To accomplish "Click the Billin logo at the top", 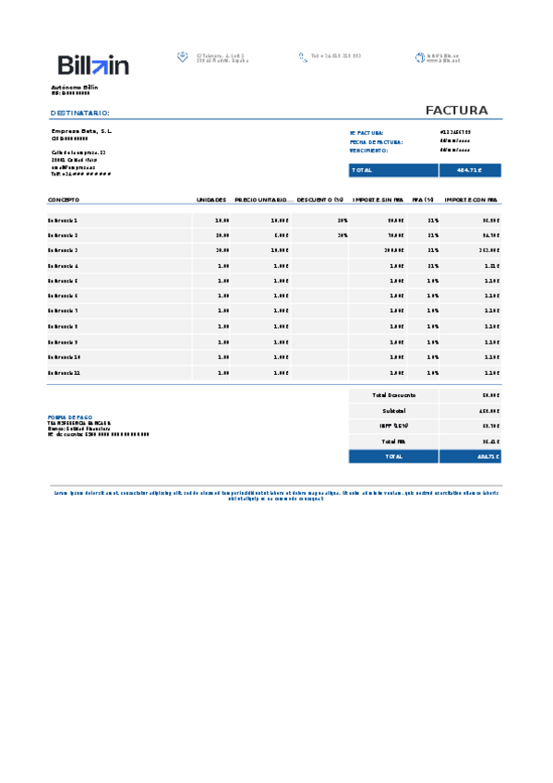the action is pyautogui.click(x=93, y=65).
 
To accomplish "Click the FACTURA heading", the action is pyautogui.click(x=456, y=111).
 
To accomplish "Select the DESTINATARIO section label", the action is pyautogui.click(x=79, y=113).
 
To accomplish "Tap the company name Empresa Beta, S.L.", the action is pyautogui.click(x=81, y=132).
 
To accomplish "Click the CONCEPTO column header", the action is pyautogui.click(x=64, y=199).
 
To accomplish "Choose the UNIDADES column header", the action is pyautogui.click(x=211, y=199).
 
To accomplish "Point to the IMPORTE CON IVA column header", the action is pyautogui.click(x=471, y=199).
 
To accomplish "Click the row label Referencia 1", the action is pyautogui.click(x=63, y=221).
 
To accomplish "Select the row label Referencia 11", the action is pyautogui.click(x=65, y=372).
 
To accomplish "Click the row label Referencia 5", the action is pyautogui.click(x=63, y=281).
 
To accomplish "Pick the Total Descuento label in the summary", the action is pyautogui.click(x=393, y=395).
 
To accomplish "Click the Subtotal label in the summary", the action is pyautogui.click(x=393, y=410).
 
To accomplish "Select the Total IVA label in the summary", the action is pyautogui.click(x=393, y=440).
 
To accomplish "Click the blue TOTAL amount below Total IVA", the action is pyautogui.click(x=470, y=456).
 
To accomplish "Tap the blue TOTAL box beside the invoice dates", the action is pyautogui.click(x=425, y=170).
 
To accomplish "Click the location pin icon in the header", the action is pyautogui.click(x=183, y=57).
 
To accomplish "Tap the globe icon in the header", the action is pyautogui.click(x=420, y=57).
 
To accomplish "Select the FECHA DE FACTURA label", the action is pyautogui.click(x=376, y=141).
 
